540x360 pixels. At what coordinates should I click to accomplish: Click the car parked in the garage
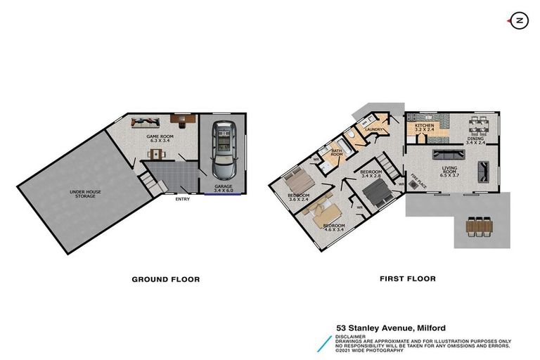coord(224,150)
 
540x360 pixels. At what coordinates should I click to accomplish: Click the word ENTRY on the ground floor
coord(183,198)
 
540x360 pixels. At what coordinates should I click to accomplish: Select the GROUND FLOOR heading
coord(166,279)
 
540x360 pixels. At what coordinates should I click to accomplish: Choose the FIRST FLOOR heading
coord(408,278)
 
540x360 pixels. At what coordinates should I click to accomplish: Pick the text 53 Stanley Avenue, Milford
coord(391,328)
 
